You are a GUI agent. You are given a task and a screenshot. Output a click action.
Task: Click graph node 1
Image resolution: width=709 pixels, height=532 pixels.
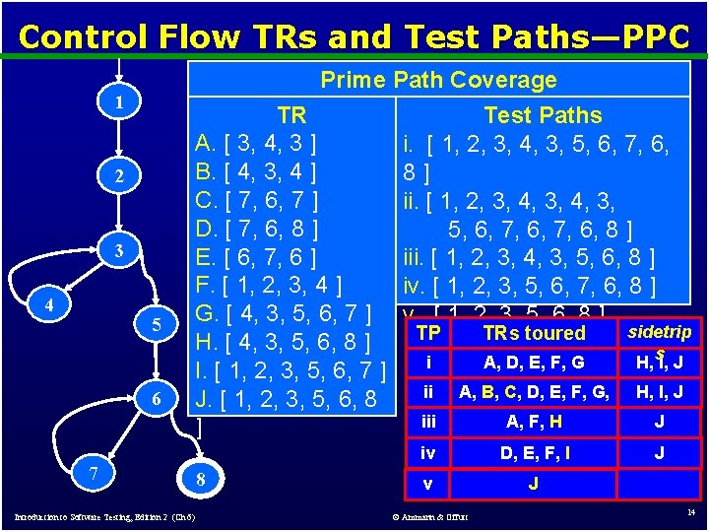coord(118,102)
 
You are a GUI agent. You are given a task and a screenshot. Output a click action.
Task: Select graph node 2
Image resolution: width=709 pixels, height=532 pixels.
coord(118,177)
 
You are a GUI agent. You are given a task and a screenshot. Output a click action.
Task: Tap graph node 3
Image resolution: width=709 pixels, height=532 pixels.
coord(118,251)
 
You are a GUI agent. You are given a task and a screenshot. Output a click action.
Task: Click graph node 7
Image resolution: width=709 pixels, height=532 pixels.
coord(93,472)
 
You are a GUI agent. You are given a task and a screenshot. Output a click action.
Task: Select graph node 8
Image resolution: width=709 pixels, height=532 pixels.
coord(201,479)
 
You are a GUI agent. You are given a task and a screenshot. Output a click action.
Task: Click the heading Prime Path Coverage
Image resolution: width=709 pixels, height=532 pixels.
coord(438,80)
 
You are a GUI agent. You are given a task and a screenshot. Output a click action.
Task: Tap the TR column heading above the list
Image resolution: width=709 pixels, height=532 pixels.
coord(291,115)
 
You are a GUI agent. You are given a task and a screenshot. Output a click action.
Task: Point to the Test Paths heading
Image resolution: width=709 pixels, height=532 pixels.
coord(543,115)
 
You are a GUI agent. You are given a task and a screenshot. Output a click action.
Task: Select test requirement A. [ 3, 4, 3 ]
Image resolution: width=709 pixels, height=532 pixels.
coord(256,144)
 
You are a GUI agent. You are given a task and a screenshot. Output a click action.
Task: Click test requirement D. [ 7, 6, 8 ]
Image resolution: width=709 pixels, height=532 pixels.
coord(257,230)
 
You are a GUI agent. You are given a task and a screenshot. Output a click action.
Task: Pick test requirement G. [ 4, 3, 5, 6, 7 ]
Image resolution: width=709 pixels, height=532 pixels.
coord(284,315)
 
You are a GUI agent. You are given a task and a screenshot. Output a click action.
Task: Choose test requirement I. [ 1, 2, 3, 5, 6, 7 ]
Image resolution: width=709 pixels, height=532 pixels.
coord(290,372)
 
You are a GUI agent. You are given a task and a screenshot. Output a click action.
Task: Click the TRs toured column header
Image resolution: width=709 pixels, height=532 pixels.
coord(534,333)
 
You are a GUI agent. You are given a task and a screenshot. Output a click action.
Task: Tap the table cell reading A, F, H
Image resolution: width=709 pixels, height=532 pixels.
coord(534,423)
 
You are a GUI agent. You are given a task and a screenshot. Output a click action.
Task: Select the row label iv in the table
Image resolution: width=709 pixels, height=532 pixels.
coord(427,454)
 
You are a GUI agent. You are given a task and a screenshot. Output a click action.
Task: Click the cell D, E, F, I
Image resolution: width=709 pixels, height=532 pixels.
coord(534,454)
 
